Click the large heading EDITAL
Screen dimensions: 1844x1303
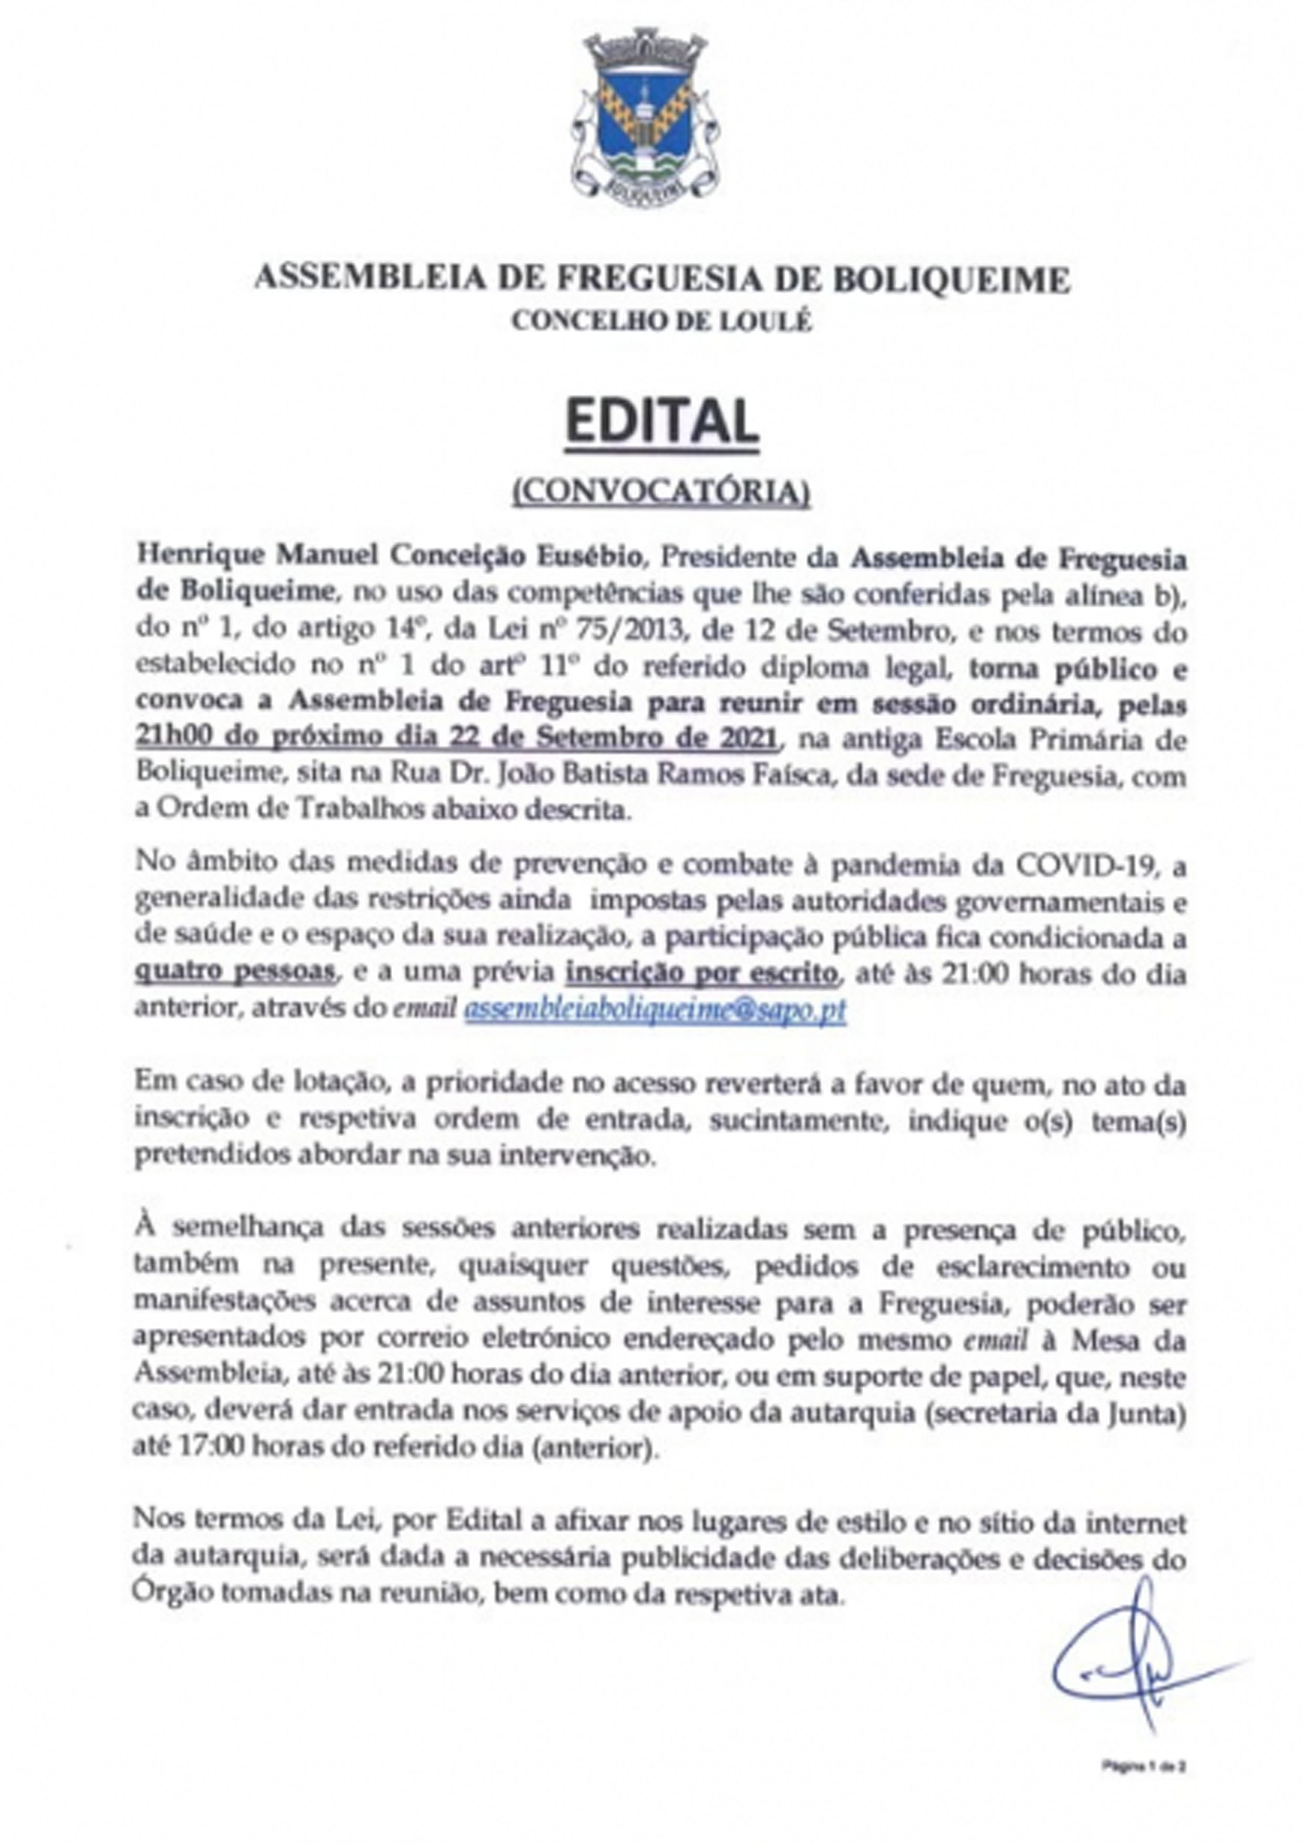coord(661,423)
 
